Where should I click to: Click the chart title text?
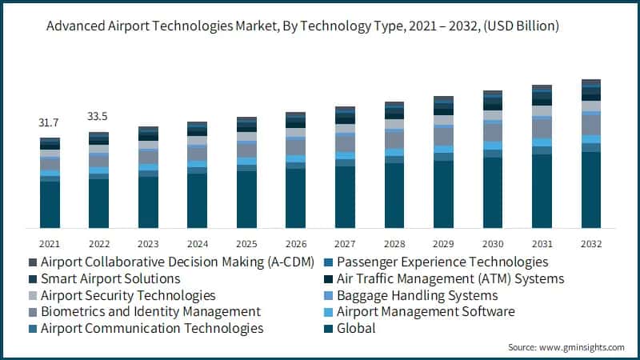[x=302, y=26]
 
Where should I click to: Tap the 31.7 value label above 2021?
[x=49, y=122]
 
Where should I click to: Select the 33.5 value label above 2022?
[x=98, y=117]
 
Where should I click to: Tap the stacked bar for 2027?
[x=345, y=167]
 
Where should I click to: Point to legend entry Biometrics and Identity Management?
[x=149, y=312]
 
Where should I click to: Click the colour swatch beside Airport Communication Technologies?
[x=33, y=329]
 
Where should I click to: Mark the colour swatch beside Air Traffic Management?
[x=329, y=279]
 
